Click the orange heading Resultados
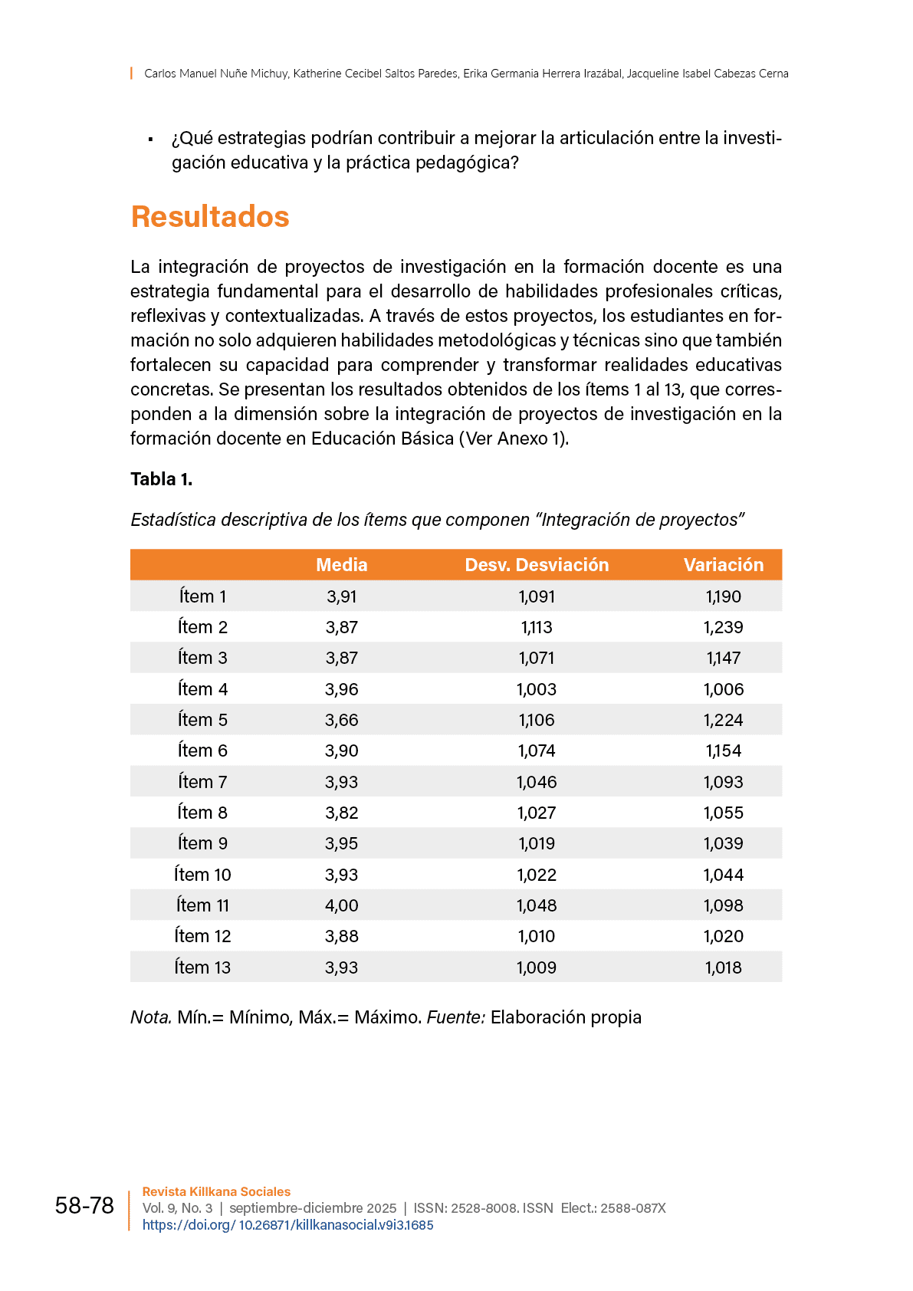[x=210, y=217]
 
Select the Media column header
[x=342, y=565]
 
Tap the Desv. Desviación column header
[x=537, y=565]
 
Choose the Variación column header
[x=724, y=565]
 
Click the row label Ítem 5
[x=202, y=720]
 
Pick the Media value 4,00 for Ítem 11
[x=342, y=905]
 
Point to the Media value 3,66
[x=342, y=720]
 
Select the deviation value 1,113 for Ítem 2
[x=537, y=627]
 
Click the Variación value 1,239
[x=724, y=627]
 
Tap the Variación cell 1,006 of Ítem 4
[x=724, y=689]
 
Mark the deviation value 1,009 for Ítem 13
[x=537, y=967]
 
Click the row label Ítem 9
[x=202, y=843]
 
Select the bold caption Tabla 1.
[x=161, y=479]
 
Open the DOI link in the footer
[x=287, y=1225]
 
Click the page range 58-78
[x=84, y=1206]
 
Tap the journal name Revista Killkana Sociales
[x=216, y=1192]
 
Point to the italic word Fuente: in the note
[x=456, y=1017]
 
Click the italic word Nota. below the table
[x=151, y=1017]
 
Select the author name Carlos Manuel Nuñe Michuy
[x=216, y=74]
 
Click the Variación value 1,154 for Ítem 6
[x=724, y=751]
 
